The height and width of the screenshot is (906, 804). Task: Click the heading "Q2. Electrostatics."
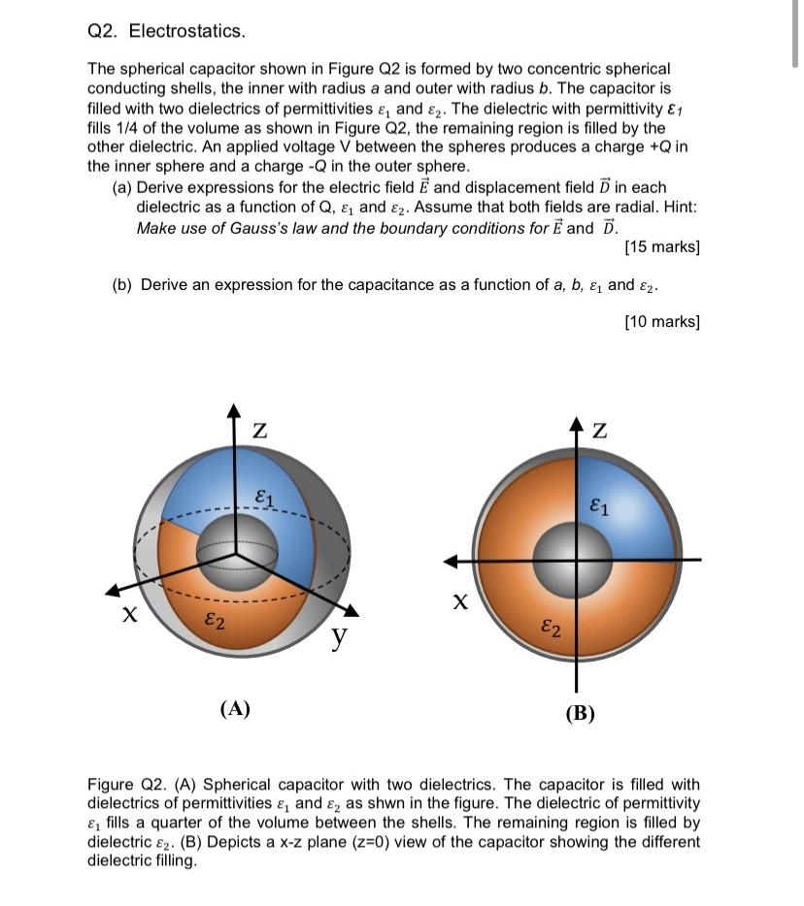166,31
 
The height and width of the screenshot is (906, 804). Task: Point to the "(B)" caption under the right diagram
580,715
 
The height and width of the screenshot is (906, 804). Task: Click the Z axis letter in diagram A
259,430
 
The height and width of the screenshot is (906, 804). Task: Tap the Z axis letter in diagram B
601,431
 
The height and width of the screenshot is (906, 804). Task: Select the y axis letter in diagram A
339,636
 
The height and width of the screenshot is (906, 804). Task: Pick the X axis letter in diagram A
128,615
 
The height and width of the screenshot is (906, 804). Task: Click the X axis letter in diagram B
463,602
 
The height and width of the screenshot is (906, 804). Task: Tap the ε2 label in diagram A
216,622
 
